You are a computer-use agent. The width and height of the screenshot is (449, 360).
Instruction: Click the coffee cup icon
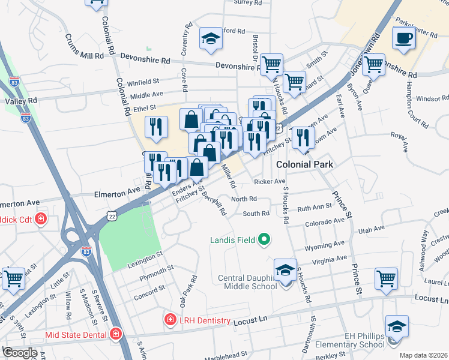coord(403,38)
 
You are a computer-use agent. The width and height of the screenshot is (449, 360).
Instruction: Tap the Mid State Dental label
coord(76,334)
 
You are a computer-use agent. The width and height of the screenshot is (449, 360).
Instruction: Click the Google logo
coord(20,353)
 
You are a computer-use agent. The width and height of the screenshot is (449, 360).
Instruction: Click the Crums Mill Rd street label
coord(84,46)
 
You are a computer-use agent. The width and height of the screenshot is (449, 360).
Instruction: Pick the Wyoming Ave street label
coord(324,245)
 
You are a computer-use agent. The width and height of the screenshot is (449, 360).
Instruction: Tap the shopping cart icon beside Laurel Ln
coord(385,278)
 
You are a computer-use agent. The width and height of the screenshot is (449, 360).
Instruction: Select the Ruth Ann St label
coord(315,208)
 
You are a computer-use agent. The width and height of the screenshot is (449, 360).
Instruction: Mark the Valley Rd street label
coord(21,101)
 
